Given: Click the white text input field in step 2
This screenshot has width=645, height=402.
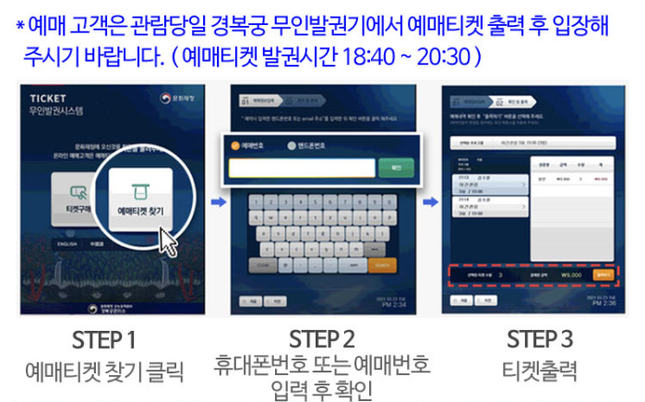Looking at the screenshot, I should pos(302,168).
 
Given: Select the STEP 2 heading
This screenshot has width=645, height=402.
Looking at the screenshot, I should pos(321,337).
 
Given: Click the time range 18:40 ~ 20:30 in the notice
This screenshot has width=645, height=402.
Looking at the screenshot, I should pos(420,55).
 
